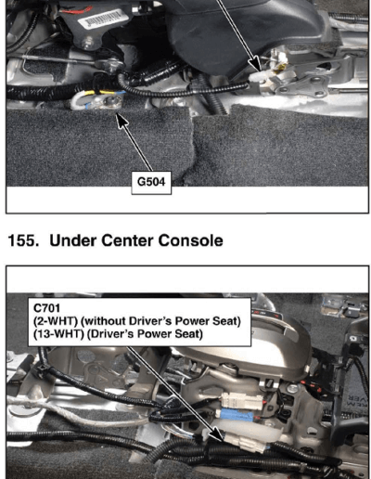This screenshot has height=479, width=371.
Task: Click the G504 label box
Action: click(151, 183)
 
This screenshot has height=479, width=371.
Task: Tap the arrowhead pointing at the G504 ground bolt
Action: click(122, 120)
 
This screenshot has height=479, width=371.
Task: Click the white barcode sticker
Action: click(103, 19)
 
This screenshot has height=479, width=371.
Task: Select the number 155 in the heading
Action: click(21, 240)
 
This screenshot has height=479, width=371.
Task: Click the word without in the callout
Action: click(105, 321)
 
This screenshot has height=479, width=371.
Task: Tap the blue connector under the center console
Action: click(236, 415)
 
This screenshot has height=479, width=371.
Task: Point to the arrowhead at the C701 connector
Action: click(218, 434)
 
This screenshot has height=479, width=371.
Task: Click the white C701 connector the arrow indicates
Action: click(244, 442)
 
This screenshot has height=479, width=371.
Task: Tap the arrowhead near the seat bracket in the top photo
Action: click(256, 66)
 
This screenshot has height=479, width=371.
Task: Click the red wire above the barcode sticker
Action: click(76, 10)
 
